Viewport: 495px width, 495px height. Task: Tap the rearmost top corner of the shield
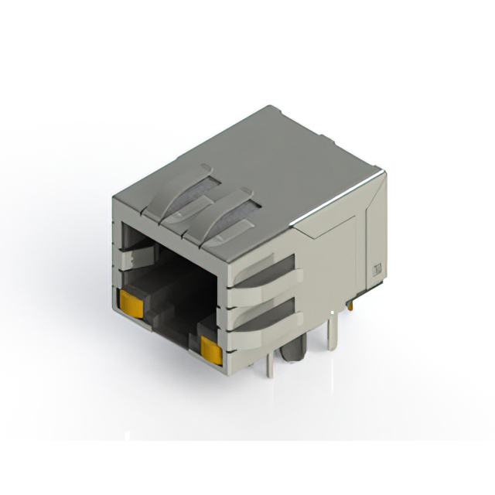269,108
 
